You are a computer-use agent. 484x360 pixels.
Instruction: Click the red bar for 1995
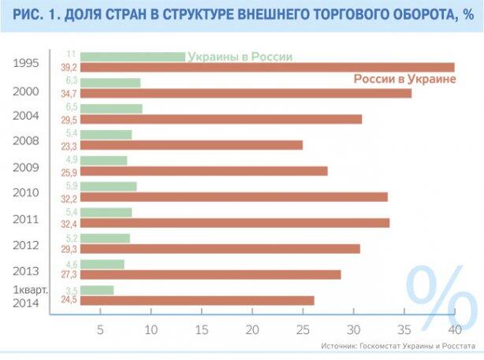coord(268,67)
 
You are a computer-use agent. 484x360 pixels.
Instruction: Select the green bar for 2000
coord(110,83)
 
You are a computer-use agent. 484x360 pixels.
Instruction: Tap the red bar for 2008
coord(192,145)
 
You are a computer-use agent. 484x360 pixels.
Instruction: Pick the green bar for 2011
coord(106,212)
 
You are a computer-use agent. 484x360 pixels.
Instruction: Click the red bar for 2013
coord(210,274)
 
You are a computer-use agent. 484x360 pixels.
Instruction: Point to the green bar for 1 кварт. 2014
coord(97,290)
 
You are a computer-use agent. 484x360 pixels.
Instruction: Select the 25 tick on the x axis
coord(303,328)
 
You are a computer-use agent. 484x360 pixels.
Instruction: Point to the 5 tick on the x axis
coord(101,328)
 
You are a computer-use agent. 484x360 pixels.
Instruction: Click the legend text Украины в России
coord(239,57)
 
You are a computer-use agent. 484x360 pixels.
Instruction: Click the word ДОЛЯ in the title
coord(95,15)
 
